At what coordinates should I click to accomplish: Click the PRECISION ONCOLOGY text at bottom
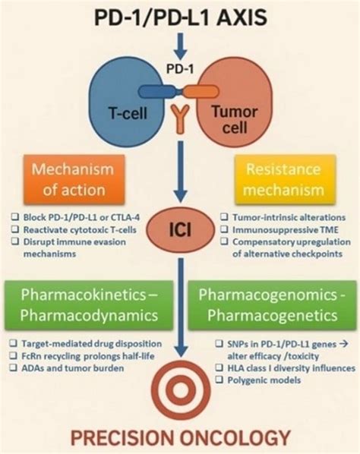(180, 437)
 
